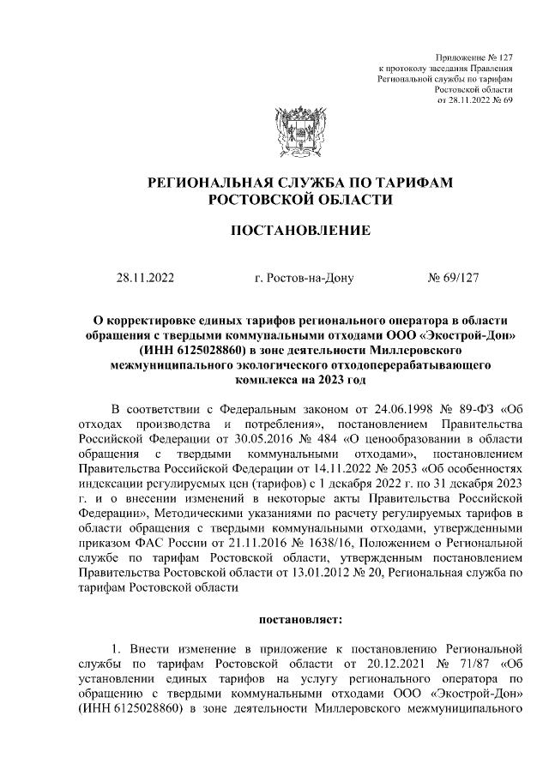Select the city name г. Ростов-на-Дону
(299, 278)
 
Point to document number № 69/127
(457, 278)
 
